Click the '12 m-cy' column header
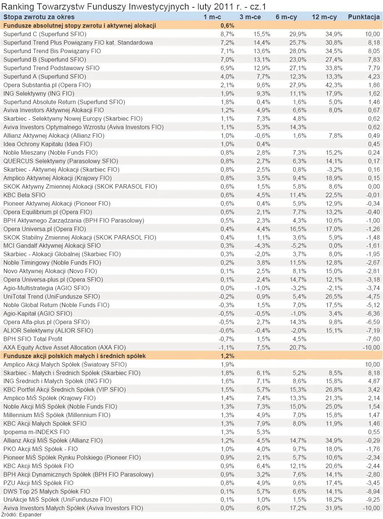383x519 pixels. tap(324, 17)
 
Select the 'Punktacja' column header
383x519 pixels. tap(363, 17)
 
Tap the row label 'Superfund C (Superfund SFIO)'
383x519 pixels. tap(45, 34)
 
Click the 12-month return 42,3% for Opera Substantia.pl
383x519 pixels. tap(334, 85)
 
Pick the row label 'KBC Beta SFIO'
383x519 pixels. tap(24, 195)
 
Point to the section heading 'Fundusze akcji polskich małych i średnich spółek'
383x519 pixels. tap(75, 356)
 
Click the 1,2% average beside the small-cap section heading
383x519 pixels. tap(227, 356)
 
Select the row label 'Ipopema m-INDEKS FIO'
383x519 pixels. tap(36, 432)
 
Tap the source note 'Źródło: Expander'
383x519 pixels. tap(21, 515)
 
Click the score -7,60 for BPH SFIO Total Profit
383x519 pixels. tap(372, 339)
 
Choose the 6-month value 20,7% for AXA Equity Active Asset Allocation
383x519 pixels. tap(298, 347)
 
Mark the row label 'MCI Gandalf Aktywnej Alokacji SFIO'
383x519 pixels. tap(52, 245)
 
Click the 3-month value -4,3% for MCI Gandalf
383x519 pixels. tap(262, 245)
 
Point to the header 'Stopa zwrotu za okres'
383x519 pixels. tap(39, 17)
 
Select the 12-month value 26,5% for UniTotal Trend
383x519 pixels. tap(334, 296)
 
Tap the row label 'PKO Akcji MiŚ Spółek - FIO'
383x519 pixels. tap(41, 449)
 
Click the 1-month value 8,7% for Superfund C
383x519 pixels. tap(227, 34)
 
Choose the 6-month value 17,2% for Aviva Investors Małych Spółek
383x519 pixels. tap(298, 508)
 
